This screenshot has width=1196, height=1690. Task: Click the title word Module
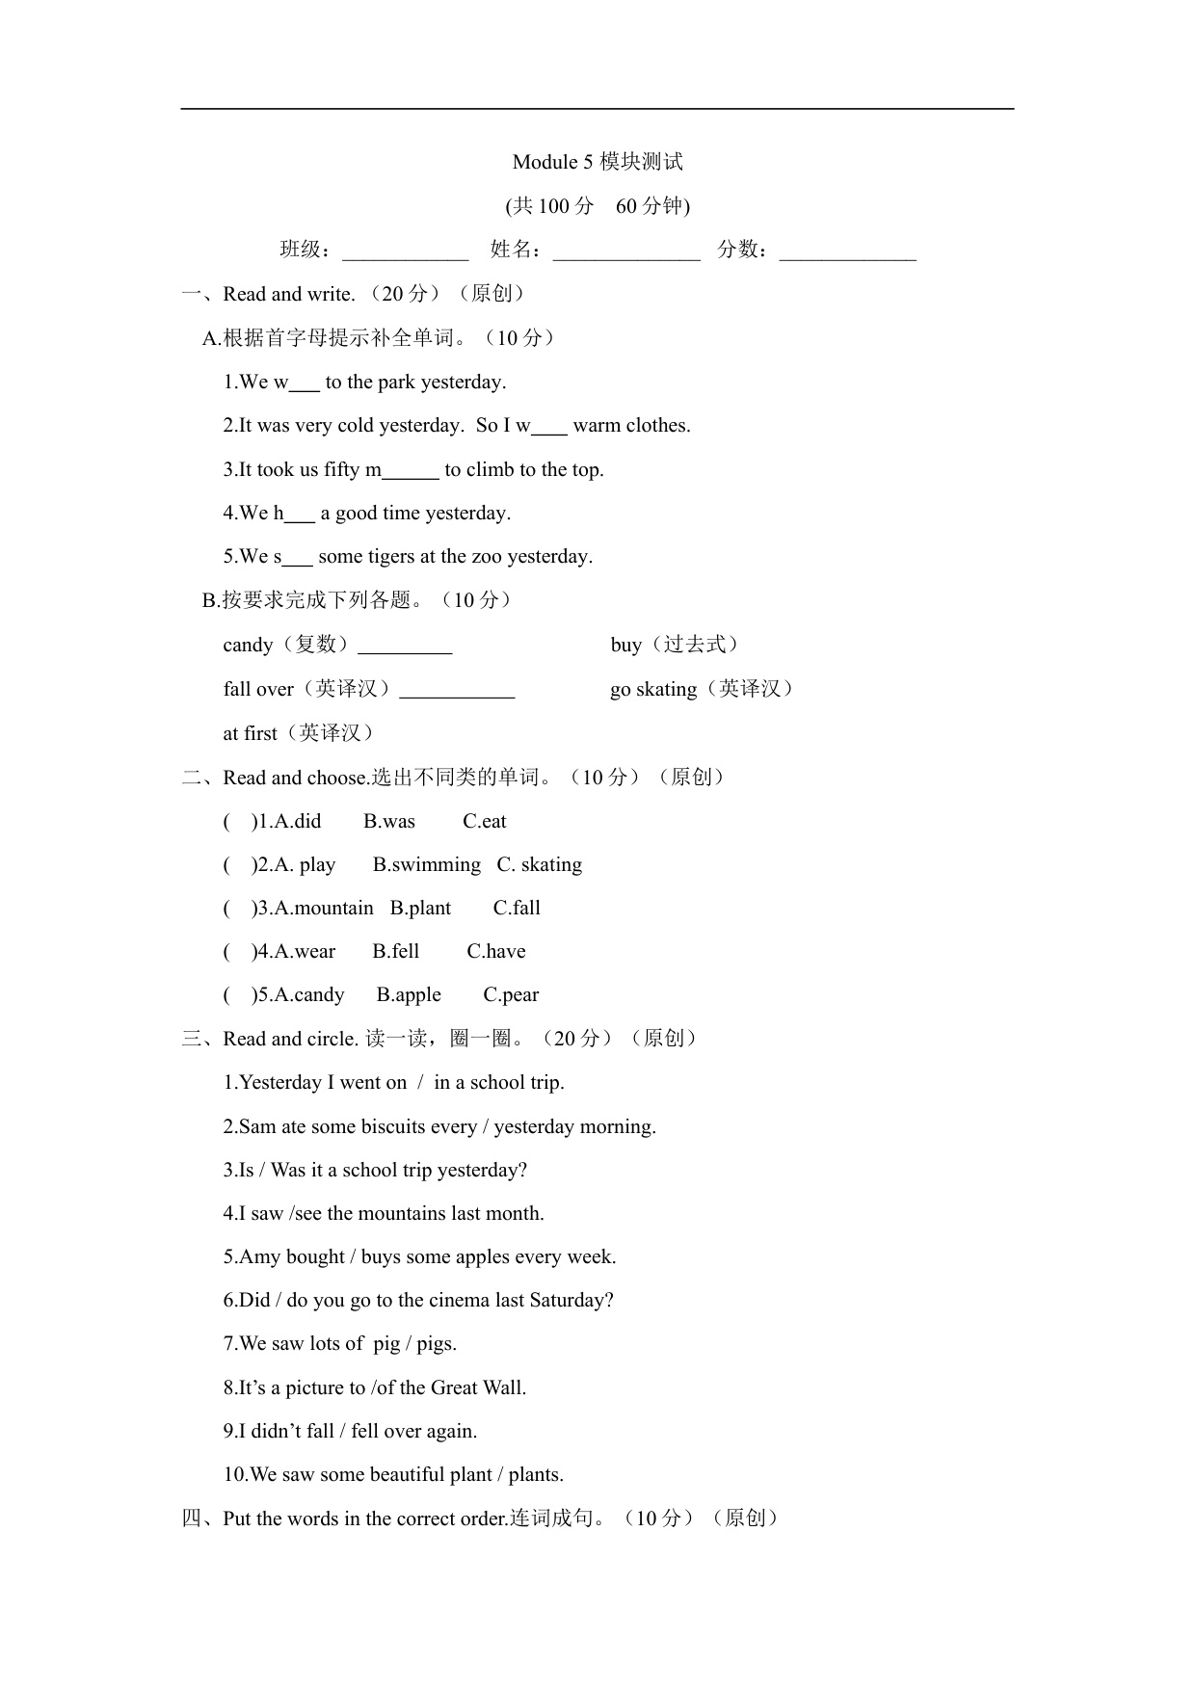(545, 162)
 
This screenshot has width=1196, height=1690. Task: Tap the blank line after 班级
(406, 252)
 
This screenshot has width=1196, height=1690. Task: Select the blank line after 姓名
(626, 252)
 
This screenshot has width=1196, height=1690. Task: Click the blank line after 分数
(847, 252)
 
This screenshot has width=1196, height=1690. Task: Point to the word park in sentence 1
(396, 383)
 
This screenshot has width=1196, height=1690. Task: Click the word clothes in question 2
(659, 426)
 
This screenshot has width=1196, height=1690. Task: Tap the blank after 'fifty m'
(411, 472)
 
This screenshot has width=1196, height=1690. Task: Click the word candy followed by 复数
(248, 646)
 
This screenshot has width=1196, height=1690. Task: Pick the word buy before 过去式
(625, 646)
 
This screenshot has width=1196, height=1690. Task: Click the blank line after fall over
(457, 692)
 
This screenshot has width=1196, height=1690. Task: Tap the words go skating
(653, 690)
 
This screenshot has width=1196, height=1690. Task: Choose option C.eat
(484, 822)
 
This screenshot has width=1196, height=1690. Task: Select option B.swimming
(427, 865)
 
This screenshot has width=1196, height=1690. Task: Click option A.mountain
(324, 909)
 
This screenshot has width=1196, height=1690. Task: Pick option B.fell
(396, 952)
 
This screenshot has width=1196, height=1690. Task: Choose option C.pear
(511, 995)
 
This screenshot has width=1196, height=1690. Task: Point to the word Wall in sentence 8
(503, 1388)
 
